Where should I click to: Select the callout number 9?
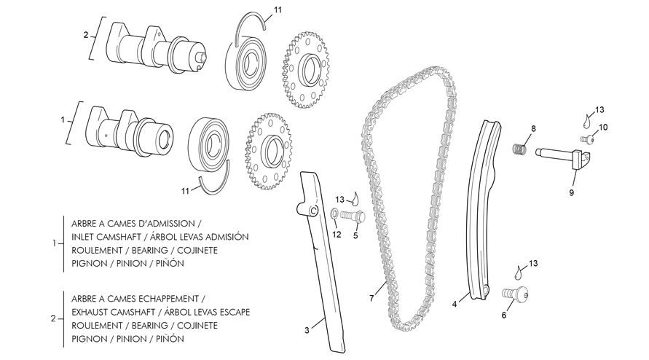click(572, 192)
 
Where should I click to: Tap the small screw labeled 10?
click(586, 140)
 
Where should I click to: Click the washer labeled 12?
click(334, 214)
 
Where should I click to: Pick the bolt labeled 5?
click(353, 216)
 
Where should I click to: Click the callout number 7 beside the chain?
click(371, 298)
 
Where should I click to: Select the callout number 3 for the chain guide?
click(307, 330)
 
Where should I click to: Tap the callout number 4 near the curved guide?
click(455, 304)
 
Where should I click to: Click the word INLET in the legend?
click(82, 237)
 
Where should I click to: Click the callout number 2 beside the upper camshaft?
click(86, 35)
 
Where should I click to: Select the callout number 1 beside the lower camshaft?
click(63, 120)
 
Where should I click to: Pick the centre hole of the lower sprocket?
click(272, 151)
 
